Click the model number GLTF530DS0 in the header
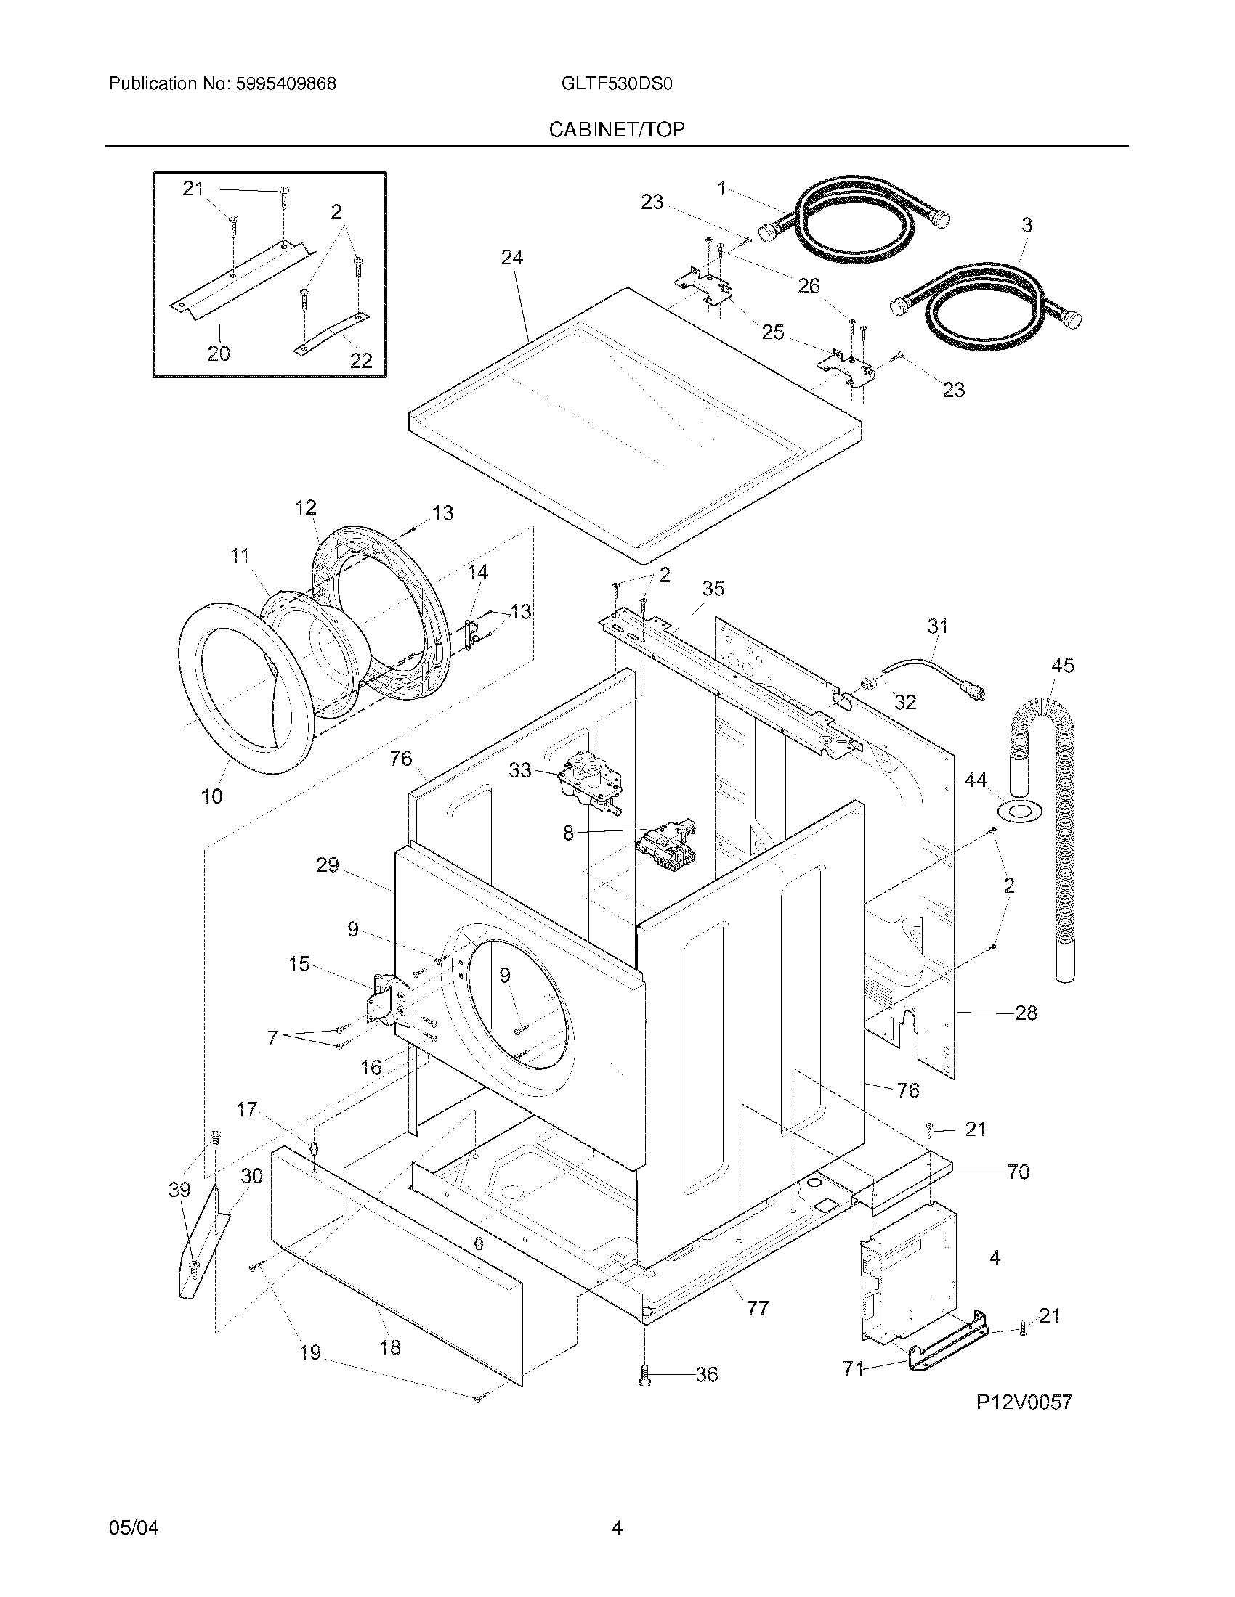pos(617,84)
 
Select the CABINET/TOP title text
pos(617,130)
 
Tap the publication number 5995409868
pos(286,84)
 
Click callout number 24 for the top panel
pos(512,258)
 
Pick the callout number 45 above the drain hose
pos(1062,666)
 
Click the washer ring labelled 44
pos(1019,811)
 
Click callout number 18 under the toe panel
pos(391,1347)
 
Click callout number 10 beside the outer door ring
pos(212,796)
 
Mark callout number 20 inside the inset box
pos(219,354)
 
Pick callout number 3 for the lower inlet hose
pos(1027,225)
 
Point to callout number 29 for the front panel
pos(328,865)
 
